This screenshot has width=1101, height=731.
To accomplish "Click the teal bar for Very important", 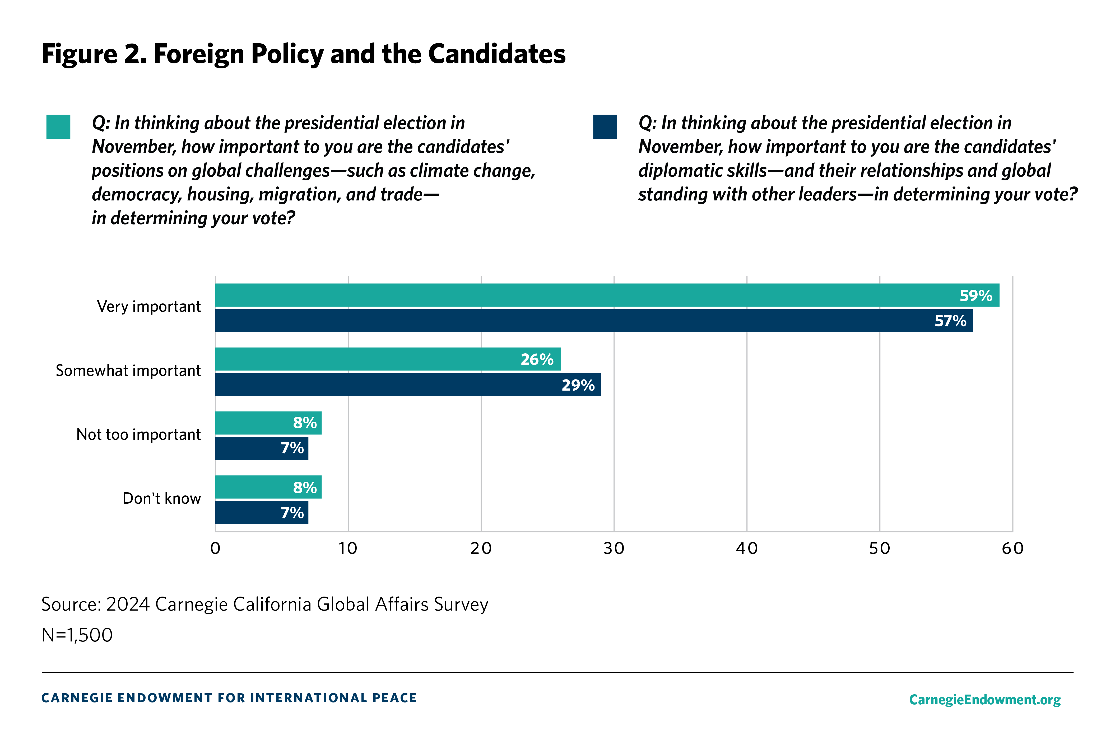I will coord(606,295).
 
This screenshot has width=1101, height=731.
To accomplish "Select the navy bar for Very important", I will coord(592,321).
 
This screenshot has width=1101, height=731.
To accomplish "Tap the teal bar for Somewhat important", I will coord(387,359).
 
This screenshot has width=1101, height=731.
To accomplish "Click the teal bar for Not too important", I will coord(268,423).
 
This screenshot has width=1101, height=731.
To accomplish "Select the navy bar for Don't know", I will coord(261,512).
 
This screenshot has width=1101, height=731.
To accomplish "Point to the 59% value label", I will coord(975,296).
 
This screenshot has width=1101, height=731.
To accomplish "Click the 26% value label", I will coord(537,359).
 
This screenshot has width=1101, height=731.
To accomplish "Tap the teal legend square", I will coord(58,127).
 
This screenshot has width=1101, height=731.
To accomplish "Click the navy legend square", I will coord(605,127).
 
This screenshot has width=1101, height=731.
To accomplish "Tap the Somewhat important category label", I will coord(128,371).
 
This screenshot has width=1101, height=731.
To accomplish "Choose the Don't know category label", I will coord(161,498).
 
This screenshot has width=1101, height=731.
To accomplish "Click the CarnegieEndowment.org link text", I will coord(984,699).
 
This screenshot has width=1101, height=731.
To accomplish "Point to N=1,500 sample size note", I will coord(77,635).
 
